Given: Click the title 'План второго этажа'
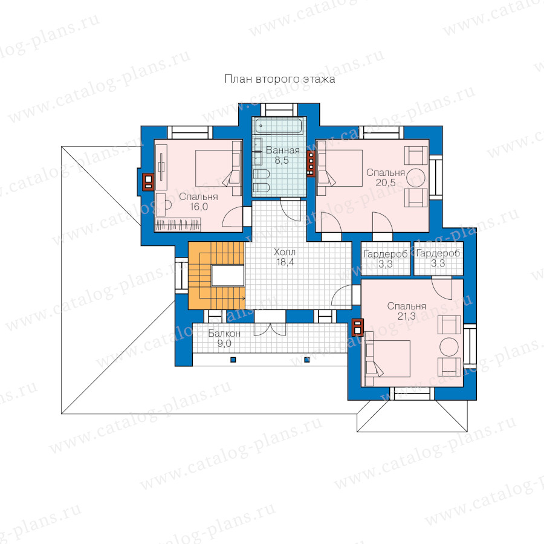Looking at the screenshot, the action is [x=280, y=79].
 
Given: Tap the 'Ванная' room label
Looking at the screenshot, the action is [x=282, y=151].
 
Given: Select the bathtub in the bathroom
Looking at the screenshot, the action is [x=279, y=126].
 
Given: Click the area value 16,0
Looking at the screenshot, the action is [x=199, y=207].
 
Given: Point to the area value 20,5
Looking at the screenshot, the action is [x=386, y=183].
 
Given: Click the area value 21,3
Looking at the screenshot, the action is [x=406, y=316].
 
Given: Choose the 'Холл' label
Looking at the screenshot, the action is [x=285, y=252].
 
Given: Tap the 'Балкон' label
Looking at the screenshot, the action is [x=224, y=334].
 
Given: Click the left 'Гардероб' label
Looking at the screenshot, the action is [x=385, y=254].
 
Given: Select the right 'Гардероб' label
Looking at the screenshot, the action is [x=438, y=253].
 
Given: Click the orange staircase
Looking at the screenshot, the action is [x=216, y=276].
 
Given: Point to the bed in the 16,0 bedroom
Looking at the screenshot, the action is [x=218, y=168].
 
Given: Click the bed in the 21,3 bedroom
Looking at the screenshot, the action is [x=388, y=358].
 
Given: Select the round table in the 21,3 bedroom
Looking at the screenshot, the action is [x=449, y=346].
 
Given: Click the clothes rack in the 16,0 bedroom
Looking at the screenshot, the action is [x=178, y=225].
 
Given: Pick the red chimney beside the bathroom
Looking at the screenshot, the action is [x=311, y=164].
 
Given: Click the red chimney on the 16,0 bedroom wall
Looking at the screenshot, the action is [x=148, y=181].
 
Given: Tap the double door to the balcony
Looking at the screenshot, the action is [x=270, y=329].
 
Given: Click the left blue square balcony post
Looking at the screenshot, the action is [x=233, y=360].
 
